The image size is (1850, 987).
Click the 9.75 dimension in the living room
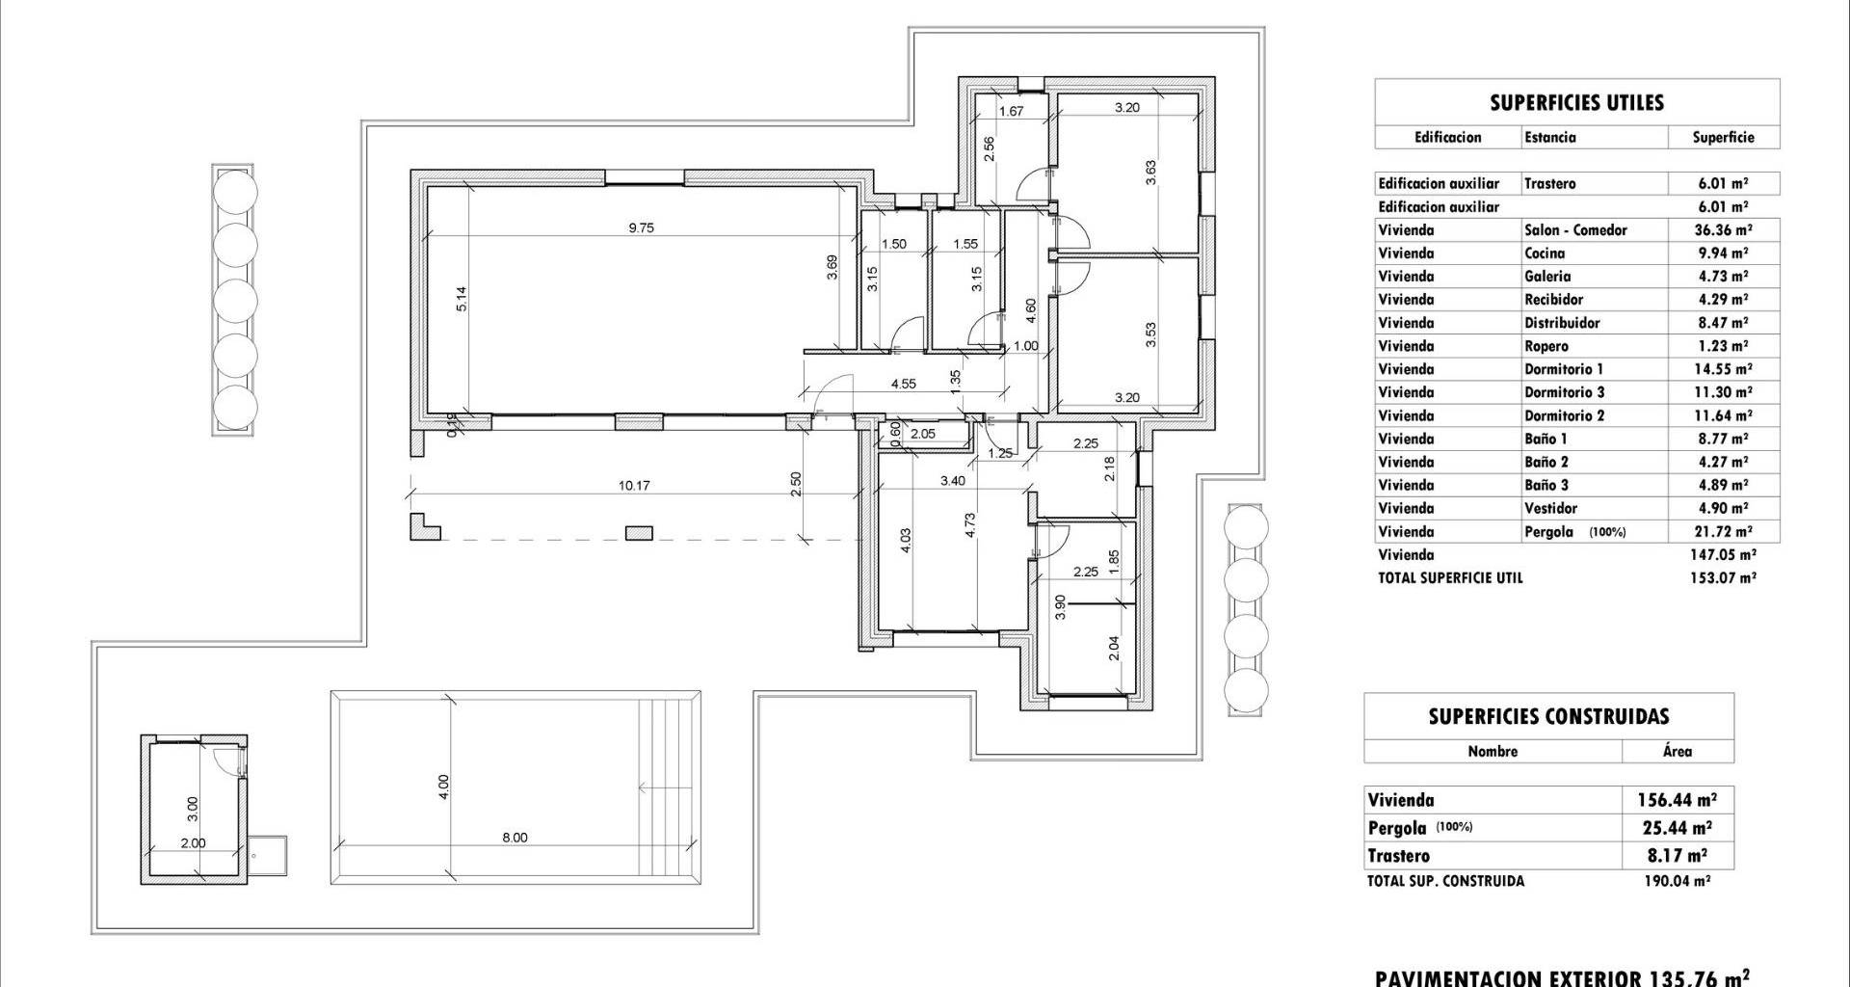click(x=641, y=228)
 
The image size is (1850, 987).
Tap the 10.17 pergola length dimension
click(x=634, y=486)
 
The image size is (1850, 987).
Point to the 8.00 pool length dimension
click(x=515, y=838)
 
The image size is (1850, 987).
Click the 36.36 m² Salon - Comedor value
click(x=1723, y=229)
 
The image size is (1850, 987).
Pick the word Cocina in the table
click(x=1545, y=253)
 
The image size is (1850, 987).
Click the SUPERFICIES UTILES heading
click(x=1577, y=103)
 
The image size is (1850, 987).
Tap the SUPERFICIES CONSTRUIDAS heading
click(x=1548, y=716)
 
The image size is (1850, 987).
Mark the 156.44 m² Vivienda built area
click(x=1677, y=799)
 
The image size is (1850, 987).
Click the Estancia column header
click(x=1550, y=137)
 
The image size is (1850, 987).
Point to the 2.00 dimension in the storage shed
click(x=193, y=842)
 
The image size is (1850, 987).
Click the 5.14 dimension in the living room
click(x=462, y=299)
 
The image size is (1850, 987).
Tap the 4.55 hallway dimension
click(x=903, y=384)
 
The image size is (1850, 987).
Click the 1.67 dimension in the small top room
click(x=1011, y=111)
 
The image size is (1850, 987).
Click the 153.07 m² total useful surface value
click(x=1724, y=578)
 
